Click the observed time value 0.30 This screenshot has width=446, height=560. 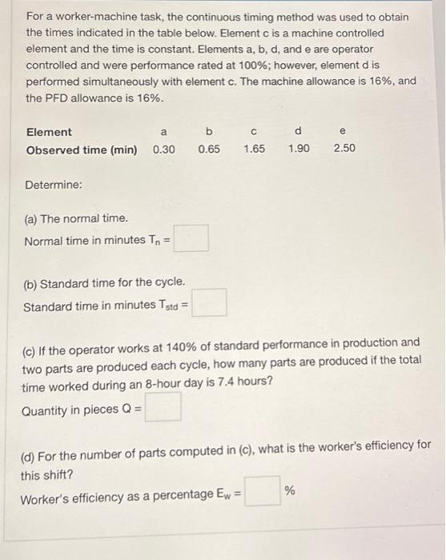coord(163,150)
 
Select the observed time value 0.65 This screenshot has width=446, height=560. coord(208,150)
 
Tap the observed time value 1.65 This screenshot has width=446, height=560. coord(254,150)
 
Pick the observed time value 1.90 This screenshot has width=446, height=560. coord(299,150)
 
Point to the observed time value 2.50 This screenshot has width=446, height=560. coord(344,150)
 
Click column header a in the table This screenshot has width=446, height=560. coord(163,132)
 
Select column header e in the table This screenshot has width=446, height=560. coord(344,132)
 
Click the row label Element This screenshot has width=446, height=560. coord(49,132)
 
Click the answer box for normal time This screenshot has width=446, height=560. coord(193,238)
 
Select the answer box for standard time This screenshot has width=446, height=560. coord(210,303)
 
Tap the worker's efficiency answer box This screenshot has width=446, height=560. coord(263,492)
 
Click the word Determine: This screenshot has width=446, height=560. coord(54,185)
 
